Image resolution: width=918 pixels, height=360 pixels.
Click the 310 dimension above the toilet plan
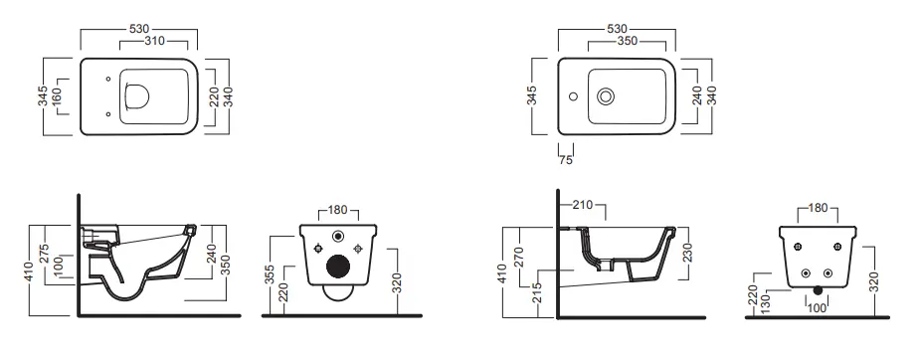[x=154, y=41]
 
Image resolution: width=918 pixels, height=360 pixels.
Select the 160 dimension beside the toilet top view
[x=57, y=96]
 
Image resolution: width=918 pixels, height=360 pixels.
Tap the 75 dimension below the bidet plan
[x=566, y=160]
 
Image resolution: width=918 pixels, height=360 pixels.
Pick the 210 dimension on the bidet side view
[x=583, y=204]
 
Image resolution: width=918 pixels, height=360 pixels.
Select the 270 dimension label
[x=518, y=259]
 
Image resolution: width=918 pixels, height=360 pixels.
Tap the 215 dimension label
[x=537, y=292]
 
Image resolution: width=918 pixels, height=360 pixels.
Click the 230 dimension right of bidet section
[x=687, y=253]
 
